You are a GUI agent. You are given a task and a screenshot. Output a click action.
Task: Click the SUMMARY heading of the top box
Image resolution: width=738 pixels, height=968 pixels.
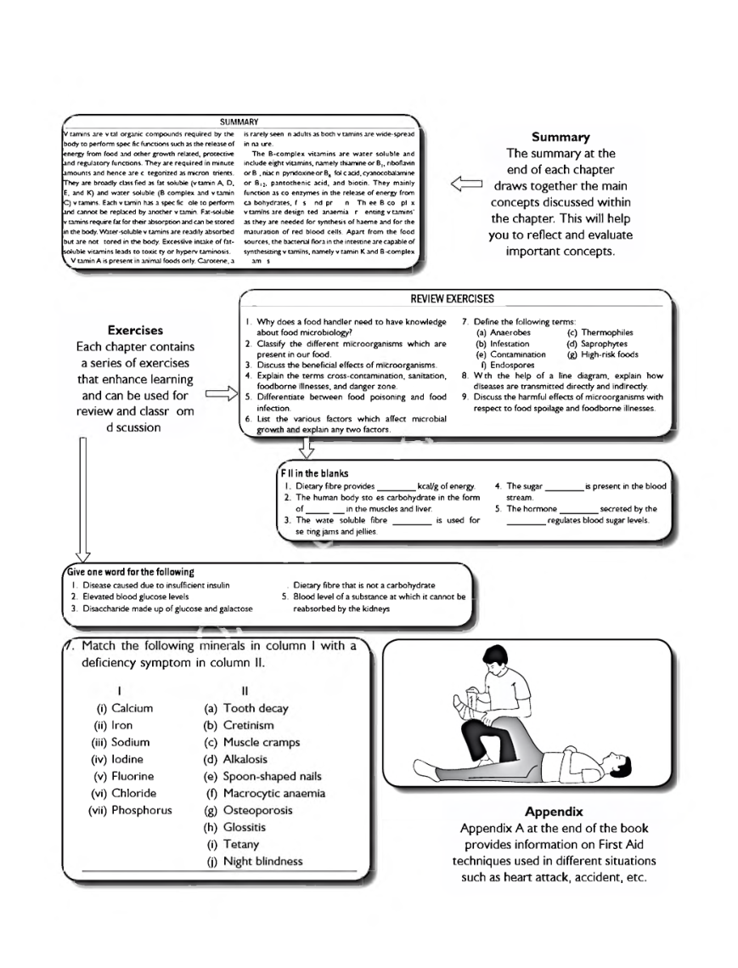pos(239,122)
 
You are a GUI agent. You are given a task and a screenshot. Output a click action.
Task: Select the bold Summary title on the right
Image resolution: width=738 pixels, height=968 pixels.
pos(560,137)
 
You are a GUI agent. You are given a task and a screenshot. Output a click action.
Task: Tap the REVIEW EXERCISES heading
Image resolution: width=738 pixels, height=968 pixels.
pos(452,299)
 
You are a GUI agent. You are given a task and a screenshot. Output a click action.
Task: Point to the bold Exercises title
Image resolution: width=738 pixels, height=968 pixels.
pos(136,330)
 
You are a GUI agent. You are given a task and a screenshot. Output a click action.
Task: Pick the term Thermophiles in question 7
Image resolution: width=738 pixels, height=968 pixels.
pos(606,332)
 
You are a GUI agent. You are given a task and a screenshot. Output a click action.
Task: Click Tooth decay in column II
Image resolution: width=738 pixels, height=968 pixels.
pos(255,708)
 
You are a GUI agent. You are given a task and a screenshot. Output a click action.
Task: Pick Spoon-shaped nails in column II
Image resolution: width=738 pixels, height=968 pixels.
pos(272,776)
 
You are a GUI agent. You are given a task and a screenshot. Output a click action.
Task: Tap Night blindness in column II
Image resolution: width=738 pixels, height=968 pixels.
pos(262,861)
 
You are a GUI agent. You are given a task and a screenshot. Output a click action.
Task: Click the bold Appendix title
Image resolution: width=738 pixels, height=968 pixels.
pos(553,811)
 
